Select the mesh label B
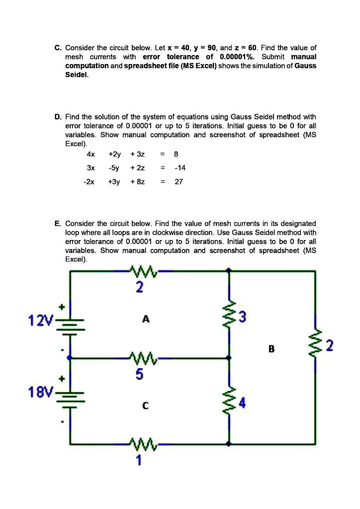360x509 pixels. (271, 348)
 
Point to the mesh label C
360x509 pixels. (146, 405)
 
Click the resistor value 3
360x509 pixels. (242, 317)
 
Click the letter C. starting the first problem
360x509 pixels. (58, 48)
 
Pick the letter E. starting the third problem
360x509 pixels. (58, 224)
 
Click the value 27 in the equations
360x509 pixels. (179, 181)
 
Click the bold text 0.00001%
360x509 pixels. (238, 57)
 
